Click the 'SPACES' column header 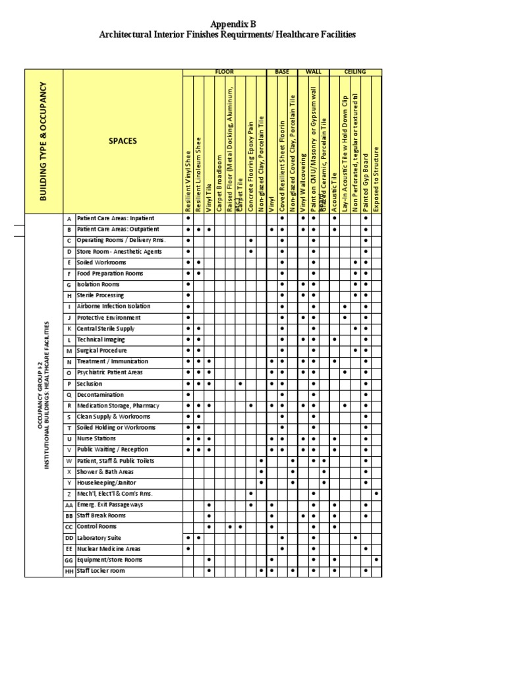pos(123,141)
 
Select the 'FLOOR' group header pos(224,72)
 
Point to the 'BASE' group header pos(281,72)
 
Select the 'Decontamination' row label pos(101,394)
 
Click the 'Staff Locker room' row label pos(101,571)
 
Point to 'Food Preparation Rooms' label pos(109,273)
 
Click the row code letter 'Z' pos(69,494)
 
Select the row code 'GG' pos(69,560)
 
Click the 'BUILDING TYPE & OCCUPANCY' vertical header pos(43,141)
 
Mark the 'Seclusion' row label pos(90,383)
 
